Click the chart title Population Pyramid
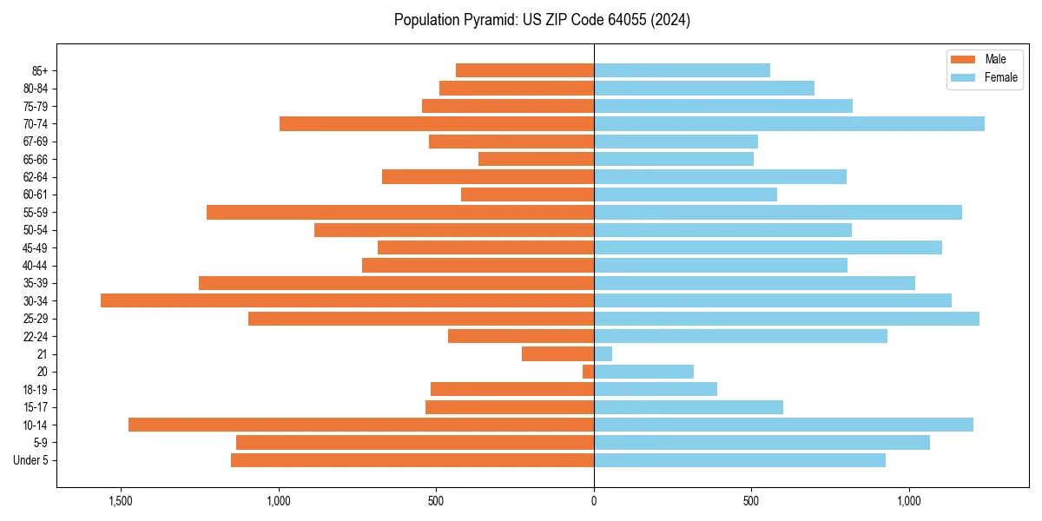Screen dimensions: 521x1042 pos(542,20)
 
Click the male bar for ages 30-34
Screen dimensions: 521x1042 pos(347,300)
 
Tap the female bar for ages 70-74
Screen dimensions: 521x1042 pos(789,123)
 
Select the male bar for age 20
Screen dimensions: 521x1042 pos(589,372)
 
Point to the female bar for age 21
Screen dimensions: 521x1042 pos(603,353)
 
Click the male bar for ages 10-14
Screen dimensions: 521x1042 pos(361,425)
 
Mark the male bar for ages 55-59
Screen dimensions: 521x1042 pos(400,212)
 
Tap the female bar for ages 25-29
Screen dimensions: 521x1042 pos(787,319)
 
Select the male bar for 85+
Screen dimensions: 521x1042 pos(524,70)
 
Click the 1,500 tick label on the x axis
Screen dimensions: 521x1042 pos(120,501)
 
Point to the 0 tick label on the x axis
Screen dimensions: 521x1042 pos(594,501)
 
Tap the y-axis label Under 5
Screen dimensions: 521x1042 pos(31,460)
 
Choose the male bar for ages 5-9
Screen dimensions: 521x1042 pos(415,442)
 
